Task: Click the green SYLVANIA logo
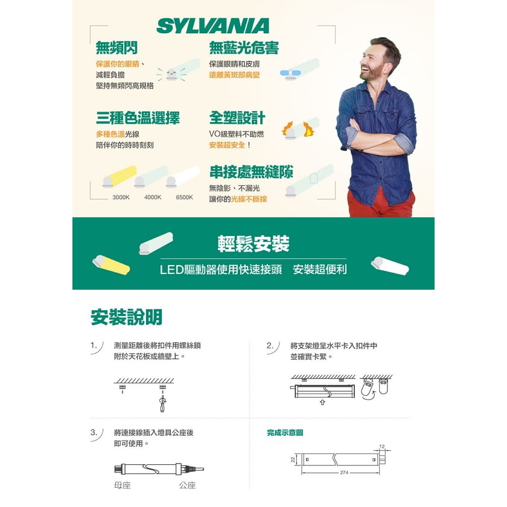pos(212,26)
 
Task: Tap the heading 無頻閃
pos(116,48)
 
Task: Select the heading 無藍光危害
pos(244,48)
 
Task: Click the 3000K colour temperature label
pos(121,197)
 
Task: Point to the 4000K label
pos(153,197)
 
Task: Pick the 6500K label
pos(184,197)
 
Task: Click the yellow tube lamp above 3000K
pos(120,176)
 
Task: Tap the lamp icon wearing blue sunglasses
pos(299,69)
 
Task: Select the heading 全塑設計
pos(237,118)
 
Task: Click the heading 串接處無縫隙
pos(251,171)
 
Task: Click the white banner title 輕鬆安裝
pos(253,243)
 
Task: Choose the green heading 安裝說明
pos(126,317)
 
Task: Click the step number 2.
pos(270,345)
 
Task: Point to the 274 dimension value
pos(344,473)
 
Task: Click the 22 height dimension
pos(293,459)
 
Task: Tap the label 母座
pos(123,485)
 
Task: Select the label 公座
pos(188,485)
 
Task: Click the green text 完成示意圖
pos(285,433)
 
